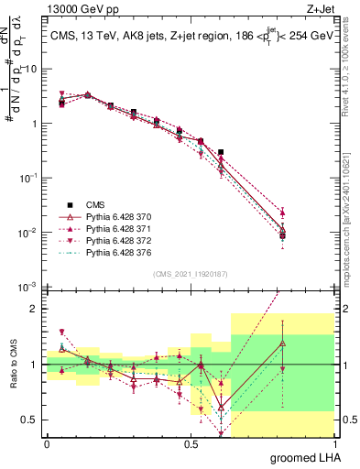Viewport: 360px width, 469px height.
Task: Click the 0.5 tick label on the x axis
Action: point(191,442)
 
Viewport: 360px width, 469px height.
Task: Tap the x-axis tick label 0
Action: point(47,442)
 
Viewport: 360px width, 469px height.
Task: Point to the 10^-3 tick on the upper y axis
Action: point(28,287)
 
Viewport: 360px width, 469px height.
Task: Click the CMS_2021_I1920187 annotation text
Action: point(191,273)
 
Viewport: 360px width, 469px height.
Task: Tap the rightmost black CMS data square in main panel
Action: point(283,235)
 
